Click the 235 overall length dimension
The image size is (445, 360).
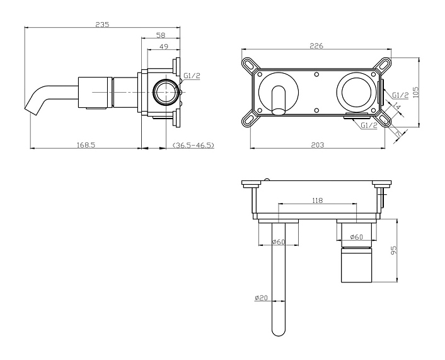[102, 25]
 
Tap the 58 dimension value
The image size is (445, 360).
[161, 35]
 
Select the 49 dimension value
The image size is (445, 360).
[163, 46]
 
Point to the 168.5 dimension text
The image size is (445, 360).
[86, 145]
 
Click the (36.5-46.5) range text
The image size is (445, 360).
[194, 146]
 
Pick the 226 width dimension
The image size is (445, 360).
[316, 46]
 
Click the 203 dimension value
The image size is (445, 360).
[318, 145]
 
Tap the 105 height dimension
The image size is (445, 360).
[416, 92]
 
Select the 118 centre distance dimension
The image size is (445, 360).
[318, 200]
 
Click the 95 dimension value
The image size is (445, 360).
[394, 250]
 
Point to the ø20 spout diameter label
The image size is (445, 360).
[262, 298]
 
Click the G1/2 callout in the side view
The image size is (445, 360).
[192, 76]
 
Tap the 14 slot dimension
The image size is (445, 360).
[397, 107]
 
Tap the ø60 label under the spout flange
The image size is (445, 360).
[279, 242]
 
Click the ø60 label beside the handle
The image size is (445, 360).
[357, 236]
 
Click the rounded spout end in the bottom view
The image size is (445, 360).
[279, 332]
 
